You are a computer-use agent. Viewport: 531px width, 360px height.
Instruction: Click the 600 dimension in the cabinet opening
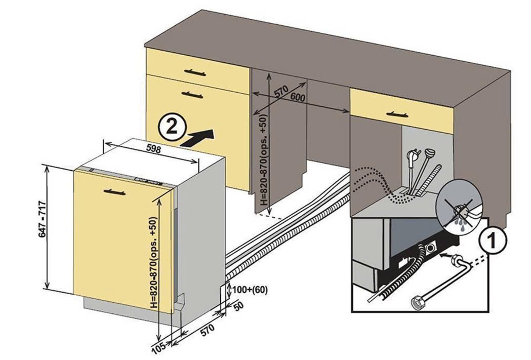(x=298, y=98)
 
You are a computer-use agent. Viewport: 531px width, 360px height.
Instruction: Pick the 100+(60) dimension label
(x=248, y=290)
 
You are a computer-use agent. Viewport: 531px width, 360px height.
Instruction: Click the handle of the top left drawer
(x=195, y=72)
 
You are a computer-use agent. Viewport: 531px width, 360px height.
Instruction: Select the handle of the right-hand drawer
(x=397, y=114)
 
